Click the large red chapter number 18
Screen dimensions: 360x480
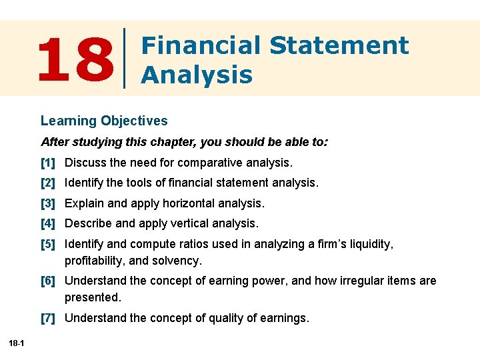coord(75,58)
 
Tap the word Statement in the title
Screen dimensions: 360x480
coord(339,45)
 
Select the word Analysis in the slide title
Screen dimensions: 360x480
coord(197,74)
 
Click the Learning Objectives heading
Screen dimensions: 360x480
coord(104,121)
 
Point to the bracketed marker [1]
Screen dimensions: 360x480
coord(48,163)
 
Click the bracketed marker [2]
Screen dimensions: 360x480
coord(48,183)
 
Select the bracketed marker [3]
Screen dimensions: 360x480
coord(48,203)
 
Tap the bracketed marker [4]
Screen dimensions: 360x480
coord(48,223)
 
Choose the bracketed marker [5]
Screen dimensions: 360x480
coord(48,245)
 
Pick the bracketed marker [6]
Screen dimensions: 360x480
coord(48,281)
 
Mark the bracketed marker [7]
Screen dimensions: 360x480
coord(48,319)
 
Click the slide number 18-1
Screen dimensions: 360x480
coord(17,343)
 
